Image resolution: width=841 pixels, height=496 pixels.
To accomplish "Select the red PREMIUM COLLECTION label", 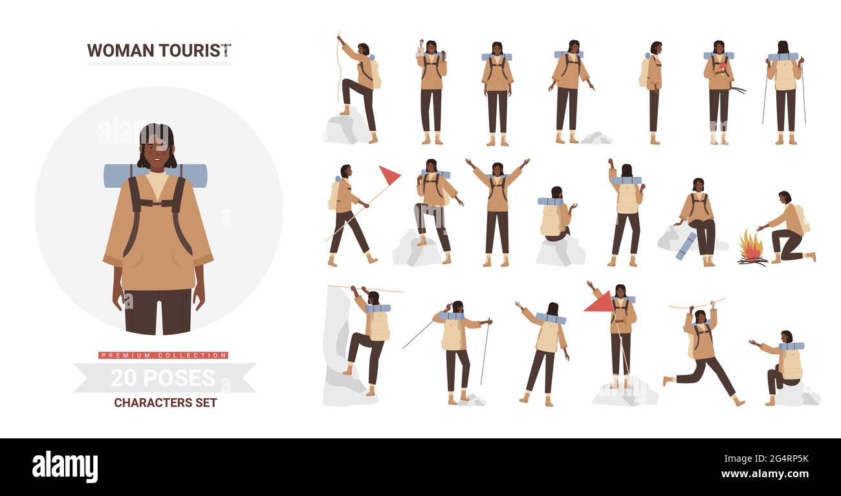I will [x=163, y=355].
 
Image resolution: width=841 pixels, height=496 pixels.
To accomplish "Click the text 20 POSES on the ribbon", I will [x=163, y=378].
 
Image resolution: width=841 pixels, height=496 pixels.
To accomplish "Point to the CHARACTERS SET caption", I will [x=166, y=403].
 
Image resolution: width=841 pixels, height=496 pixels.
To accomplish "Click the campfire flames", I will [x=751, y=246].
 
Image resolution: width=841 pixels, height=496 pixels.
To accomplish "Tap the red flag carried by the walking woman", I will [x=388, y=175].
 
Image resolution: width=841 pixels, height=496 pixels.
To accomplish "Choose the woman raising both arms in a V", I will [x=497, y=207].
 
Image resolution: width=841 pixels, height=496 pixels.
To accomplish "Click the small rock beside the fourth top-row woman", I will [x=596, y=138].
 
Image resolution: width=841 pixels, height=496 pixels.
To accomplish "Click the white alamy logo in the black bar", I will [x=65, y=466].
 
